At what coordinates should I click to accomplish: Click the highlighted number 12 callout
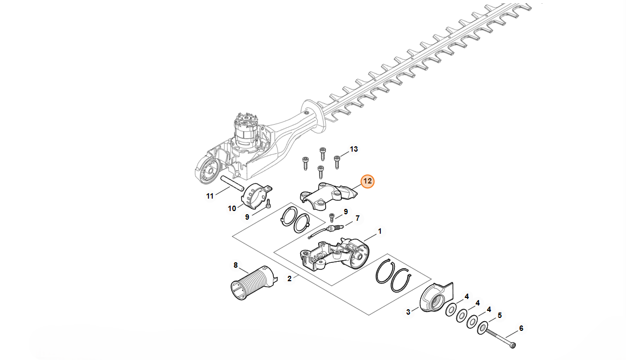(x=367, y=181)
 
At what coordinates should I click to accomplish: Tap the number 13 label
(x=354, y=150)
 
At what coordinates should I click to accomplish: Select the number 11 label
(x=210, y=196)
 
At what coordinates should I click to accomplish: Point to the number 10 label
(x=232, y=208)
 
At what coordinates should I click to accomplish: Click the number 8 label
(x=235, y=266)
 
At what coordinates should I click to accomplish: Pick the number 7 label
(x=358, y=218)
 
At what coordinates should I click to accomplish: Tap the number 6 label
(x=521, y=329)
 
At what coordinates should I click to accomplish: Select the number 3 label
(x=408, y=312)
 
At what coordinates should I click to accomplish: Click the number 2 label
(x=290, y=279)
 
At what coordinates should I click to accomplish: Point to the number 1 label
(x=380, y=231)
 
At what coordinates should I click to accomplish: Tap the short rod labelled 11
(x=232, y=183)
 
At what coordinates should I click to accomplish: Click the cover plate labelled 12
(x=328, y=195)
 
